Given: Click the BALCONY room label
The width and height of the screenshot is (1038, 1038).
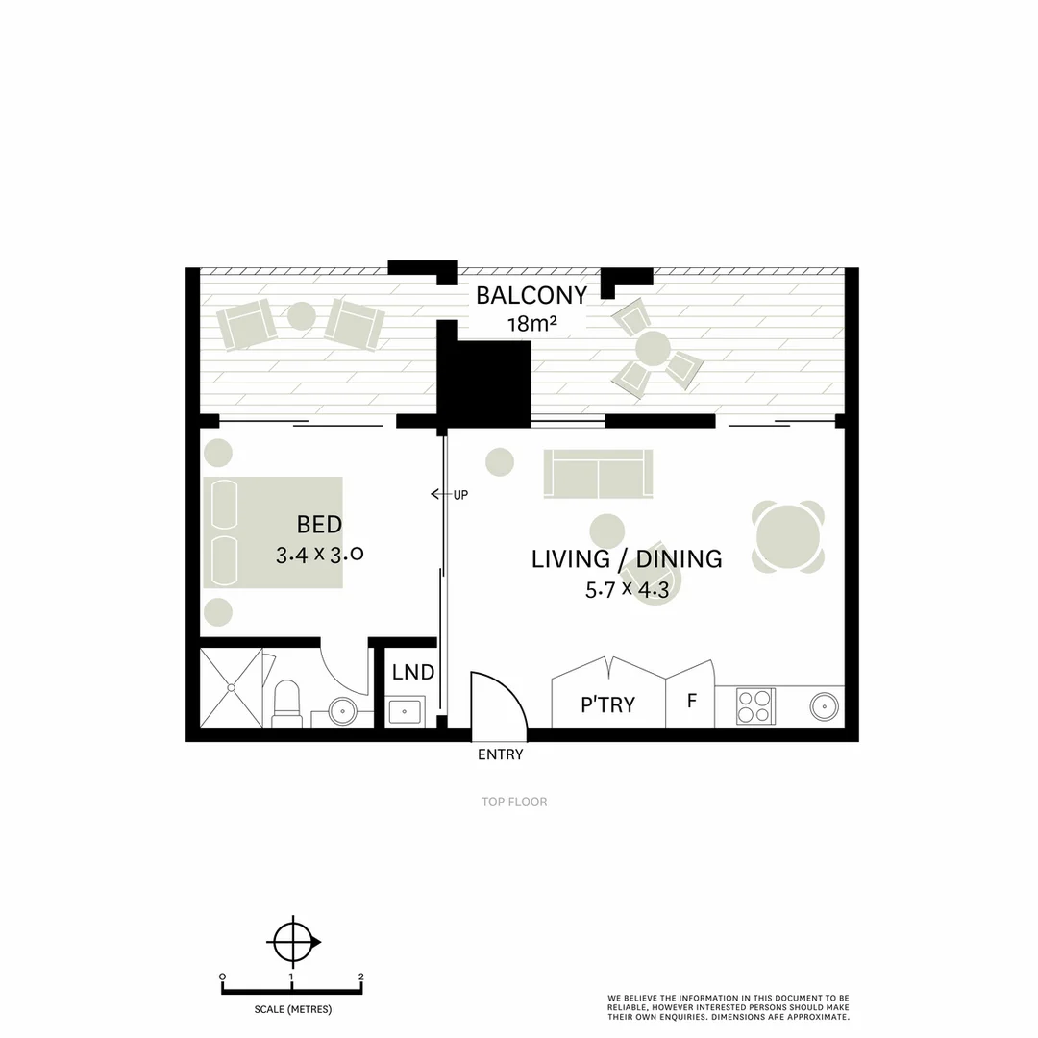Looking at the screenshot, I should (x=531, y=295).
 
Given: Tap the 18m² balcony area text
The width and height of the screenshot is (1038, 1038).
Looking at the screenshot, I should (x=531, y=324).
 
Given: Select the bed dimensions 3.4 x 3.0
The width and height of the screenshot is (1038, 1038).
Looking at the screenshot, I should (x=318, y=555).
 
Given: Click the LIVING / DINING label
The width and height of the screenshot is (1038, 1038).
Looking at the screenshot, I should (x=627, y=558).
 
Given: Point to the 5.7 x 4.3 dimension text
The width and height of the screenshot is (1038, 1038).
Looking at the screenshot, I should (x=627, y=590).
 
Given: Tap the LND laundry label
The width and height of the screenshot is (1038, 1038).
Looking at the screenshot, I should (x=413, y=673).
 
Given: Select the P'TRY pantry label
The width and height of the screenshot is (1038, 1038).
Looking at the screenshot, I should (x=607, y=704).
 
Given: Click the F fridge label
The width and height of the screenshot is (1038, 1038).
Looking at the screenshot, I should (x=691, y=701).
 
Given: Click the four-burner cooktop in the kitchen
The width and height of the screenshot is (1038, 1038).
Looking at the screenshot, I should (x=756, y=706).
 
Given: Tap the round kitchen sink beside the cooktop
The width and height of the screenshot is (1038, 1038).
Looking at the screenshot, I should (x=824, y=706).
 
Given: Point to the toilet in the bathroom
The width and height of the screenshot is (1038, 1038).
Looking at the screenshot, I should (x=287, y=703).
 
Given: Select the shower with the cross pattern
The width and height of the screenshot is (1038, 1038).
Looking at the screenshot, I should (x=231, y=688).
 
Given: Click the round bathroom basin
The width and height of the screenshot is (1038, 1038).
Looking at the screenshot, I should (x=343, y=711).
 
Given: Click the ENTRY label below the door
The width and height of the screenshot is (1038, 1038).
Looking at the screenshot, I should (x=500, y=754).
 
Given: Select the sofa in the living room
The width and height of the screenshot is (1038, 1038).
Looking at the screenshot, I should (x=598, y=473).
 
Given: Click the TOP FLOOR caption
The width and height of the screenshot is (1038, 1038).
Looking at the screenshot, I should (x=514, y=802).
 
